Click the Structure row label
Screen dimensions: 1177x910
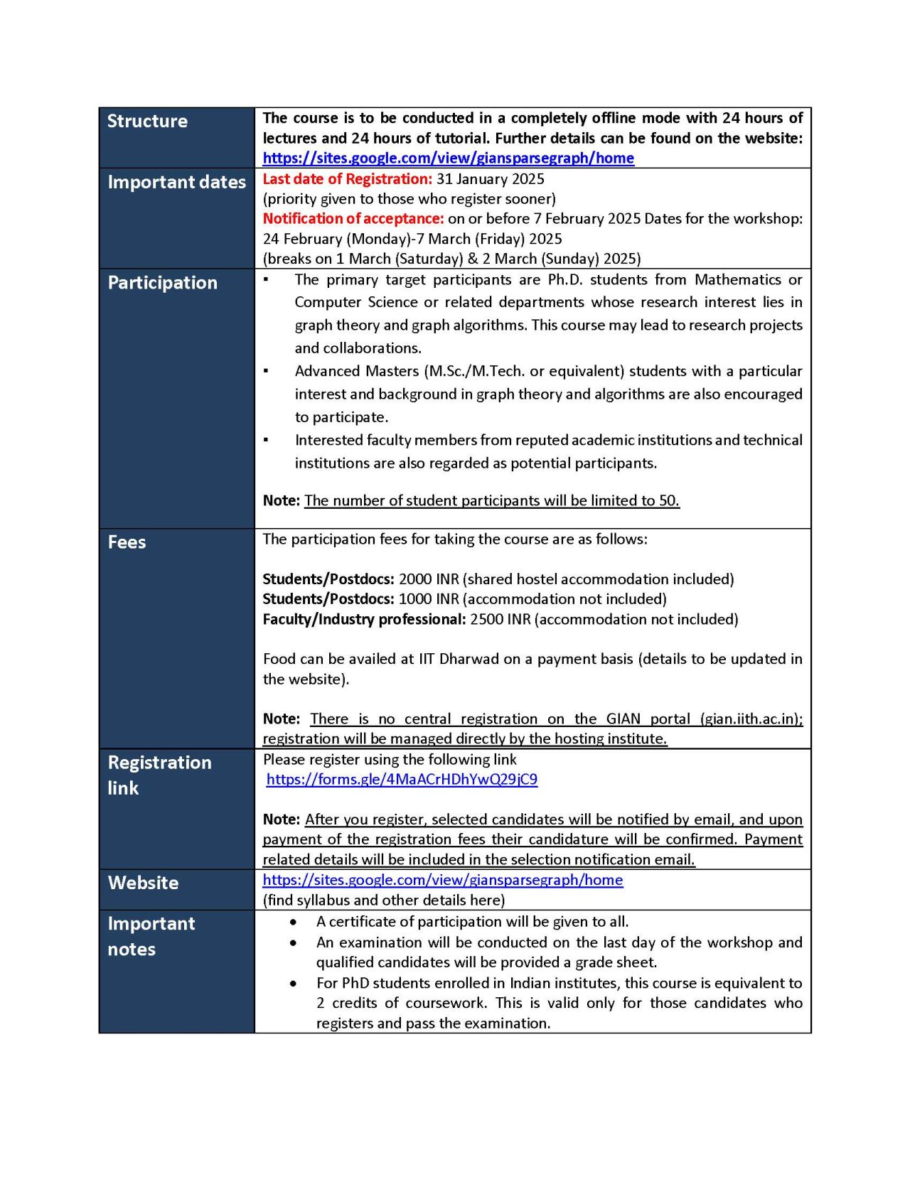[x=147, y=121]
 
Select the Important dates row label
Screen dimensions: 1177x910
[x=176, y=182]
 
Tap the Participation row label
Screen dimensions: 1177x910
[x=162, y=282]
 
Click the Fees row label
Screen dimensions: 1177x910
[x=127, y=542]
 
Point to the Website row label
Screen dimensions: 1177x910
[x=143, y=883]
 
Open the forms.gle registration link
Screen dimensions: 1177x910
[x=402, y=779]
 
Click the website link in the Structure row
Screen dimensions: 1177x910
[x=448, y=158]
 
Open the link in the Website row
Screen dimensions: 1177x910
[x=442, y=880]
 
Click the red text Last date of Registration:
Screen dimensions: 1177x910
[x=347, y=178]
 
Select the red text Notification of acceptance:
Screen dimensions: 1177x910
[x=353, y=218]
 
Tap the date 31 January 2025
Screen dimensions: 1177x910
[x=491, y=178]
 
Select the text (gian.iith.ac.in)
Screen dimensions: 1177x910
[x=751, y=719]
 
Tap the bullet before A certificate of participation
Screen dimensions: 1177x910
[x=293, y=922]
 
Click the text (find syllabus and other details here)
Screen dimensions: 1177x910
[x=384, y=900]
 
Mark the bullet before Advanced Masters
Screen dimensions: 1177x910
[x=266, y=371]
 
